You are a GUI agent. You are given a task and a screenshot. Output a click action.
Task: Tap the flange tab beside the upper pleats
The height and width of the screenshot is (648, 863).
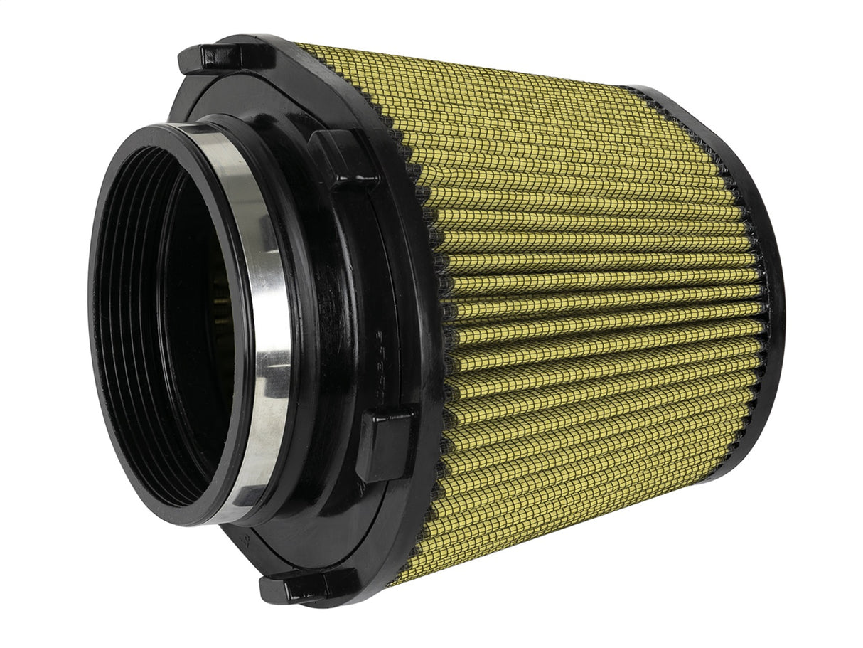[x=342, y=157]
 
